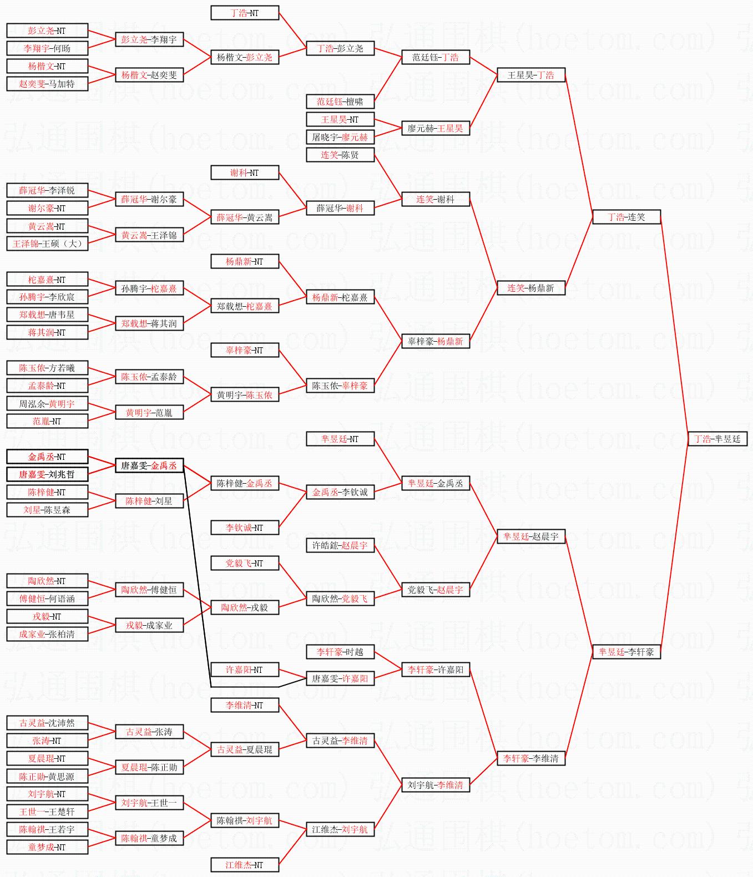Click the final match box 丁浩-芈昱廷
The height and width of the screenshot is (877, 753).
[x=717, y=439]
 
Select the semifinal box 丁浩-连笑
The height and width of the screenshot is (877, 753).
[x=626, y=217]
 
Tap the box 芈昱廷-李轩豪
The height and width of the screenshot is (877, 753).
[x=626, y=652]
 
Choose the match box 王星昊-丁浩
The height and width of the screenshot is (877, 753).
[x=531, y=75]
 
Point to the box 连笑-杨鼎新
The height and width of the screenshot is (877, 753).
[x=531, y=288]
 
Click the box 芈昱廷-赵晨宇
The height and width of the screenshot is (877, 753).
[x=531, y=536]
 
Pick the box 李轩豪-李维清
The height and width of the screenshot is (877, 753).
[x=531, y=758]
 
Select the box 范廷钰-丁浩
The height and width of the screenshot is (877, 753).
[x=436, y=57]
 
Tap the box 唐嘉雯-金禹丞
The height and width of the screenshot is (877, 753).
[x=149, y=465]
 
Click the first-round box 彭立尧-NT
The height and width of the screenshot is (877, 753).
[x=47, y=31]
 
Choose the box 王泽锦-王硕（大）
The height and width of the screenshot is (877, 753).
[x=47, y=244]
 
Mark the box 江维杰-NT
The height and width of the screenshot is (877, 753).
[x=245, y=865]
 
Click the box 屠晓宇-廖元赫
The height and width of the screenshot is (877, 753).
[x=340, y=137]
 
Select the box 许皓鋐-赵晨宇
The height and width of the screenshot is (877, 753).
[x=340, y=545]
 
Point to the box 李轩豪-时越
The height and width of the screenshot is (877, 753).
[x=340, y=652]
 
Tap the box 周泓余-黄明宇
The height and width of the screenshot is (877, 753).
[x=47, y=404]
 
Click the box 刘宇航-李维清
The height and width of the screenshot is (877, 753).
[x=436, y=785]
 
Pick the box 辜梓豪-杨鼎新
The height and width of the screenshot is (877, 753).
[x=436, y=341]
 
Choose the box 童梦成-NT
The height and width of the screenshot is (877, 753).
[x=47, y=847]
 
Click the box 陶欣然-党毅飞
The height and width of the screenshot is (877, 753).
[x=340, y=599]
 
